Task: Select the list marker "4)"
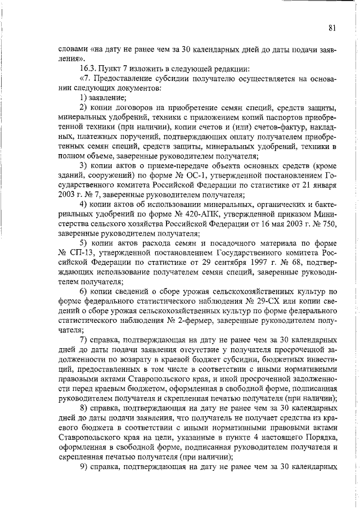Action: (x=83, y=205)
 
